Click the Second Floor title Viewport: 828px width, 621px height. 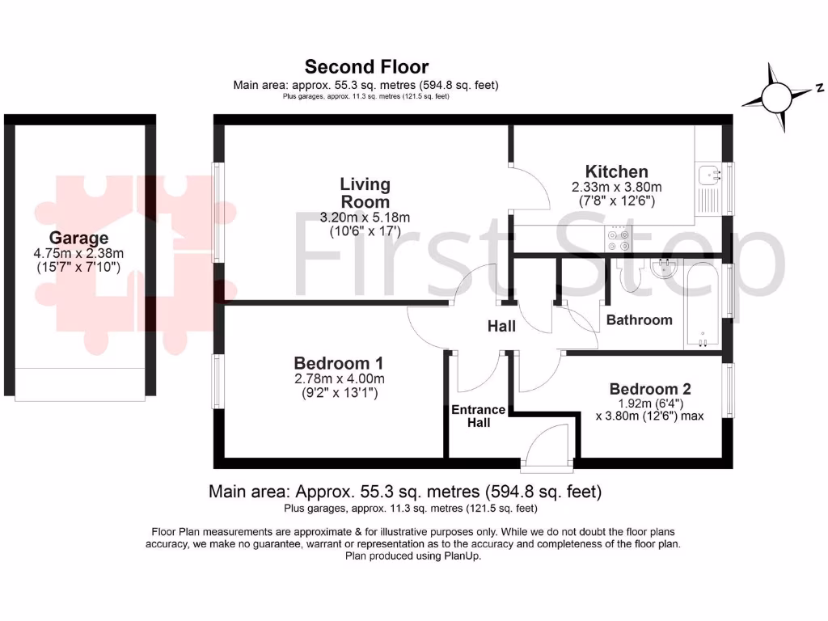tap(366, 66)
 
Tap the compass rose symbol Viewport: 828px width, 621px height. tap(778, 98)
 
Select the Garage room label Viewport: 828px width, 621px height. tap(78, 238)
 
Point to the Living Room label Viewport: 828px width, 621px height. tap(365, 193)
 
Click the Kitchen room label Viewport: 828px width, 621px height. tap(617, 171)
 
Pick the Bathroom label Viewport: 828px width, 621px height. tap(639, 319)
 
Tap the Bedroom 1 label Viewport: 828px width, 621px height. tap(338, 363)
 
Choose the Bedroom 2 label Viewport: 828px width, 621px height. tap(650, 389)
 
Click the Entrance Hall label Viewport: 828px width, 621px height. tap(479, 416)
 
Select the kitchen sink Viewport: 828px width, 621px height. tap(710, 173)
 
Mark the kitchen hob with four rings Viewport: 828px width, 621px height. tap(619, 239)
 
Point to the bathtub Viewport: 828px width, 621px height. tap(703, 303)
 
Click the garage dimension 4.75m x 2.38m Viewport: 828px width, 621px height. tap(78, 253)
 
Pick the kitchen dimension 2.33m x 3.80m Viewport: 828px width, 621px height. tap(617, 187)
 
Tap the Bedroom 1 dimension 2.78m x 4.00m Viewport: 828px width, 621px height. tap(338, 378)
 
